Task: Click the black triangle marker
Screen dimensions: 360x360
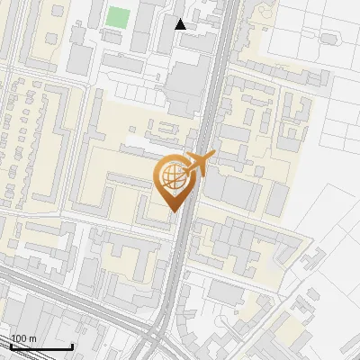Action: [x=181, y=23]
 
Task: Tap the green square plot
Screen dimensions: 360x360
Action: [x=118, y=16]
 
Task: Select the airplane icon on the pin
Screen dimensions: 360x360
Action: [x=197, y=164]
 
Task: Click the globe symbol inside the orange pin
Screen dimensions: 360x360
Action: [x=171, y=175]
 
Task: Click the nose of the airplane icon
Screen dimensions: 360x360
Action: [x=212, y=155]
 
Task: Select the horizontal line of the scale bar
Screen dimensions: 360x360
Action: [x=41, y=347]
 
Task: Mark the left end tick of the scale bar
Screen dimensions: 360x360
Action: [x=12, y=346]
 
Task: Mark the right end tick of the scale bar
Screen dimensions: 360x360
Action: [x=72, y=346]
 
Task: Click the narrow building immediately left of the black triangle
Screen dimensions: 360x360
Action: [x=167, y=22]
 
